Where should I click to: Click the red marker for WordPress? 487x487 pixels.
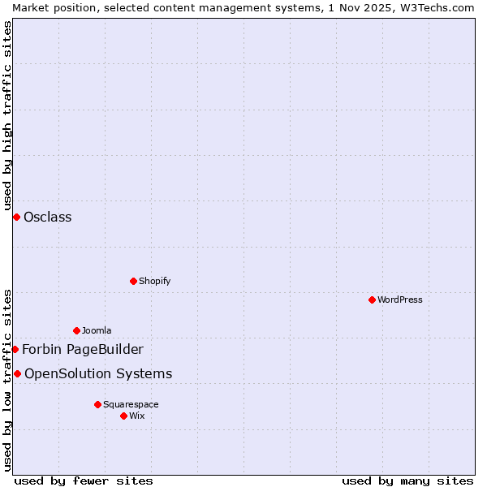coord(372,300)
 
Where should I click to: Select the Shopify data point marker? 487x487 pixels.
coord(133,281)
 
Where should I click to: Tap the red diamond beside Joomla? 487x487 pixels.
coord(76,330)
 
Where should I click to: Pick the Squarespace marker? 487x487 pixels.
coord(97,404)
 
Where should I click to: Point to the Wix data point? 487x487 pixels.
coord(123,416)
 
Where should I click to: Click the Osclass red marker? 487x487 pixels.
coord(16,217)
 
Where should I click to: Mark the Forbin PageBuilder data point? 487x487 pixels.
coord(15,349)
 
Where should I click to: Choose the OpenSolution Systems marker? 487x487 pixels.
coord(17,373)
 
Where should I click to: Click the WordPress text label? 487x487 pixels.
coord(400,300)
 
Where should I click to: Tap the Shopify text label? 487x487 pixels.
coord(154,281)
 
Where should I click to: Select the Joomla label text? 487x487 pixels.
coord(97,330)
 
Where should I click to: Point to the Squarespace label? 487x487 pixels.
coord(131,404)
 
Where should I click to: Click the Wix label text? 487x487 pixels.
coord(136,416)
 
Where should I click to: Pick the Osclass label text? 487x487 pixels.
coord(48,217)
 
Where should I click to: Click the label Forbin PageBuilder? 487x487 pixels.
coord(83,349)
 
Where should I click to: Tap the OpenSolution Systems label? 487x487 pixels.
coord(98,373)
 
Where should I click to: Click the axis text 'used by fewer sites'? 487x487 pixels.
coord(84,481)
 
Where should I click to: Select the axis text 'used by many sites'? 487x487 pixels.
coord(407,481)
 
